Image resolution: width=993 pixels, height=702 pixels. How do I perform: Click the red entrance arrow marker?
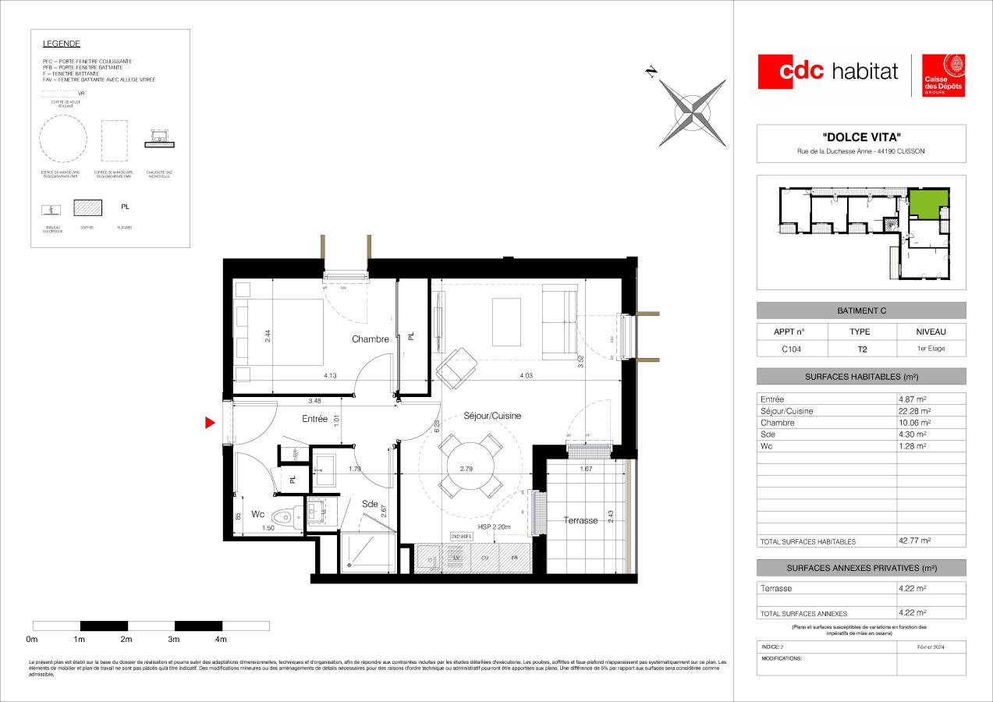coord(210,424)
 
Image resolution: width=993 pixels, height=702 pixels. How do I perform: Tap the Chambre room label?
coord(370,339)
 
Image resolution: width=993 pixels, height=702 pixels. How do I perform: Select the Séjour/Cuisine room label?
coord(491,416)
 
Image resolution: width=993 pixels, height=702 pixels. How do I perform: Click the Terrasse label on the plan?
coord(580,520)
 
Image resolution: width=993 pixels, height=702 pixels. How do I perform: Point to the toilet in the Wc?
coord(290,516)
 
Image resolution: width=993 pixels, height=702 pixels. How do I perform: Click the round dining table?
coord(471,466)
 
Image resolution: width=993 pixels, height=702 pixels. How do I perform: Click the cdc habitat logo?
coord(828,72)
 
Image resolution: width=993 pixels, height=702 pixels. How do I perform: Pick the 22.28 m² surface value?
coord(915,411)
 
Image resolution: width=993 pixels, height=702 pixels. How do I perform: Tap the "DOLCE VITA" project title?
coord(860,137)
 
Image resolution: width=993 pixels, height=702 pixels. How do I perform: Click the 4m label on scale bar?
coord(221,640)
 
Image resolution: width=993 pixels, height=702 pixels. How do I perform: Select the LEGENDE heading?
coord(62,44)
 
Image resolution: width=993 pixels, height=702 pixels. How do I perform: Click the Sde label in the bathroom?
coord(370,505)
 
